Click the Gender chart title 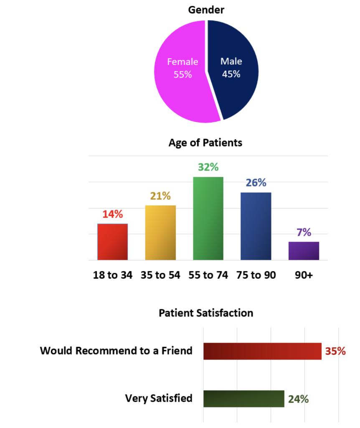(206, 9)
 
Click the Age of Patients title (205, 143)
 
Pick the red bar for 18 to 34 (112, 242)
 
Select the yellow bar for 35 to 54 (160, 232)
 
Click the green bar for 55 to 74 (208, 218)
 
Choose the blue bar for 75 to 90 (256, 226)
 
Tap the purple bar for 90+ (304, 251)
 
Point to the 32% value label (208, 167)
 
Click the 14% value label (113, 214)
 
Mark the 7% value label (304, 232)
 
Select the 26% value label (256, 183)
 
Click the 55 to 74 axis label (208, 275)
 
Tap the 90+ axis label (304, 275)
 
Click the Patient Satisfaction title (206, 313)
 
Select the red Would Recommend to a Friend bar (262, 351)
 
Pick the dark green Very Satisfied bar (243, 399)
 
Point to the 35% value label (335, 351)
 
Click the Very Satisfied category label (159, 398)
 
